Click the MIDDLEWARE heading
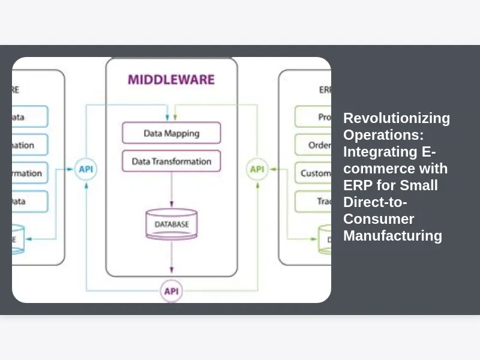171,79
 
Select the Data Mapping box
171,133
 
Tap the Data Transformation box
171,161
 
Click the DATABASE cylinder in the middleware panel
172,224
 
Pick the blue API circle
86,169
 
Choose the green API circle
257,169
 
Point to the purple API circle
172,292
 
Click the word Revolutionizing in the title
397,118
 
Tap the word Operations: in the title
379,135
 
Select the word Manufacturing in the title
392,236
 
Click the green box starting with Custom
313,173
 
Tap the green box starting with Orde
313,145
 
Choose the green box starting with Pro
313,117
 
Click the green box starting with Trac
313,201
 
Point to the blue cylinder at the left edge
18,239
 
